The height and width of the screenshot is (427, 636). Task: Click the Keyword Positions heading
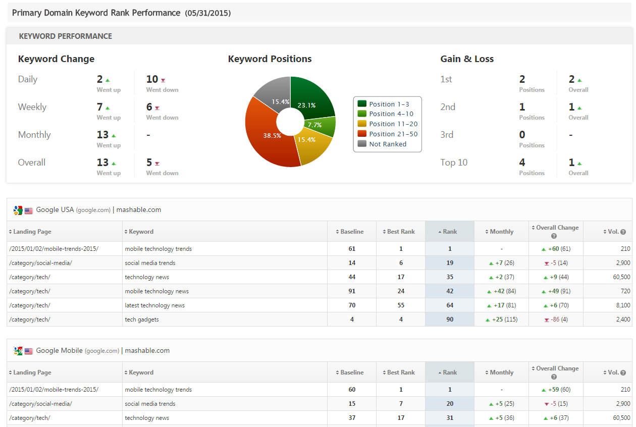[270, 59]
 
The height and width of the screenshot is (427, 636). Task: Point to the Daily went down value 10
[152, 79]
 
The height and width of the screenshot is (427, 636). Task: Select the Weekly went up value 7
[100, 107]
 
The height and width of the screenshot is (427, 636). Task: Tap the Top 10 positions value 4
[522, 163]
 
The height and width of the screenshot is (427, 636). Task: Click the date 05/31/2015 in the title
[208, 13]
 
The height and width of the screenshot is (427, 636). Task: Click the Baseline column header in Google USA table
[352, 232]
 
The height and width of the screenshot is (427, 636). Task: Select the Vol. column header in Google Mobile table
[613, 372]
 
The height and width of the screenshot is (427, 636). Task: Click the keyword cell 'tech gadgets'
[142, 319]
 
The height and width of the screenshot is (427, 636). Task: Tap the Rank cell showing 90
[450, 319]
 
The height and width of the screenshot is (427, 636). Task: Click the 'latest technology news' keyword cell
[155, 305]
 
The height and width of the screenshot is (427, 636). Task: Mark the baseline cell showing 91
[352, 291]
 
